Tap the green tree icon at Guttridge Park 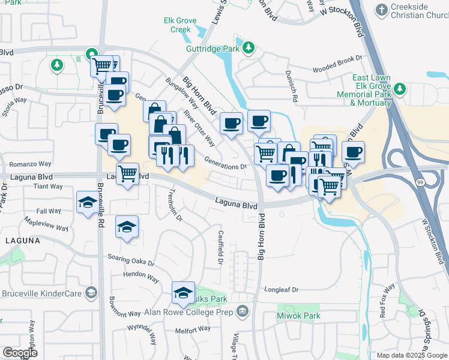point(247,47)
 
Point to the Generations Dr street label point(226,163)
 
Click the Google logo point(20,353)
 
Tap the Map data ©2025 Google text point(411,355)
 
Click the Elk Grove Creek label point(180,25)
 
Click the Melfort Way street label point(192,331)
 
